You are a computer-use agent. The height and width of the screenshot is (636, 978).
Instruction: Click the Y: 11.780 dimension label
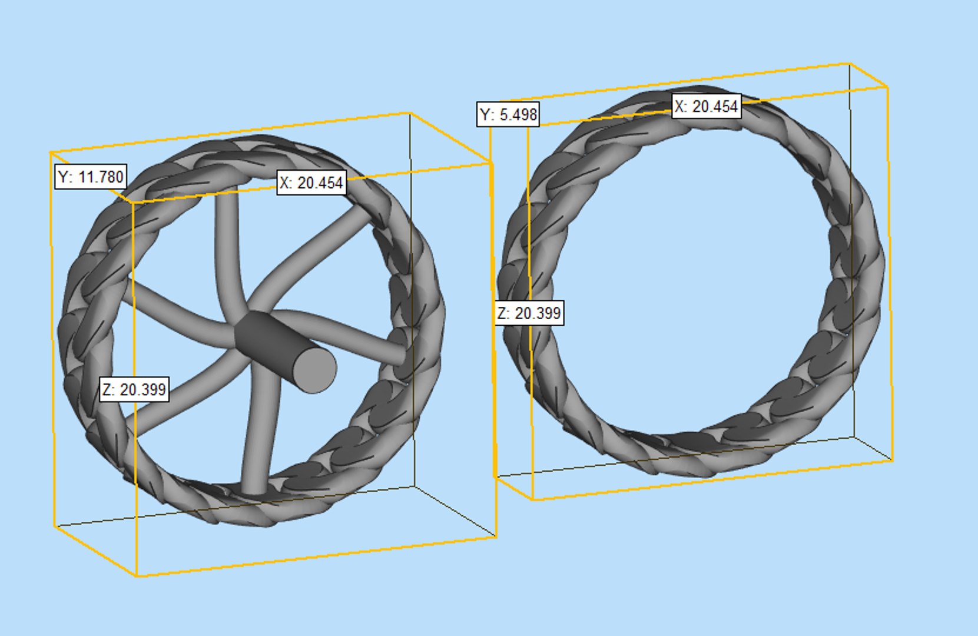click(x=90, y=177)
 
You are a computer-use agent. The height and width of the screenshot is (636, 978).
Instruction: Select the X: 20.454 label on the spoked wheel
click(x=311, y=183)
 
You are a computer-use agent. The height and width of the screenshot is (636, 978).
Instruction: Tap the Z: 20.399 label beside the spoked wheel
click(x=134, y=389)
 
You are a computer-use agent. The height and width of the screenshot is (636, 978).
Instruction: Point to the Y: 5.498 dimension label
click(x=508, y=114)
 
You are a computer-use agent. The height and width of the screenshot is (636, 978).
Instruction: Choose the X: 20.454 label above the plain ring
click(x=706, y=107)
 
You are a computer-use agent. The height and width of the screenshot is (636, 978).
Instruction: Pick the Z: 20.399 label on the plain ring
click(x=529, y=313)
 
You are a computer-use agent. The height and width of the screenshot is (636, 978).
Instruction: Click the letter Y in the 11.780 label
click(x=64, y=177)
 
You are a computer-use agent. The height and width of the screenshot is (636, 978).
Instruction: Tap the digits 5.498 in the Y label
click(x=518, y=114)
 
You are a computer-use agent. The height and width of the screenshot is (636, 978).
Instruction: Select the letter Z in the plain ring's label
click(x=502, y=313)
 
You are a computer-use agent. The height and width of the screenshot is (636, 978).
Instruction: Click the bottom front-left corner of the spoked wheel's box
click(x=137, y=575)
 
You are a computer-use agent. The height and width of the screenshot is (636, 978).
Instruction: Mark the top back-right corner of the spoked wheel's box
click(x=410, y=113)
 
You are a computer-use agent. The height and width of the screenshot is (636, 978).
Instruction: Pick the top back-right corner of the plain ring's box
click(x=850, y=63)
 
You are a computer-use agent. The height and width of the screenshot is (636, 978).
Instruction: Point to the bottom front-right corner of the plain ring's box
click(x=892, y=461)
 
